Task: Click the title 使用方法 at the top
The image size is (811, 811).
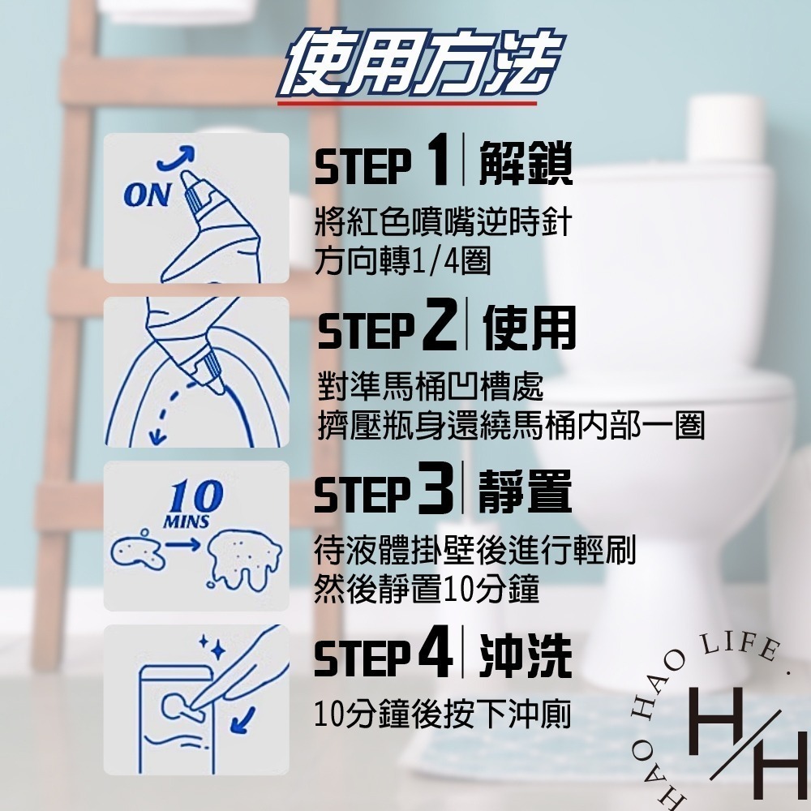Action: click(x=420, y=62)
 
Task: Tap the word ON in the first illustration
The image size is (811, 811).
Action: click(x=148, y=195)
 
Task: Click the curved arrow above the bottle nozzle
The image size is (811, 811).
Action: click(x=176, y=158)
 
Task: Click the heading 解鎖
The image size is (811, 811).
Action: click(x=526, y=163)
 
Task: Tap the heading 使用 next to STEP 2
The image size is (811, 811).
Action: click(x=529, y=328)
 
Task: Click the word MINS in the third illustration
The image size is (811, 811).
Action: click(x=187, y=521)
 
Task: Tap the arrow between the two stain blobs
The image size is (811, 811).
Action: click(x=182, y=544)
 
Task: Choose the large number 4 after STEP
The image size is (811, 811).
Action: click(x=436, y=652)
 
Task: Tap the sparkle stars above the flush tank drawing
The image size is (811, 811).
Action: click(x=212, y=647)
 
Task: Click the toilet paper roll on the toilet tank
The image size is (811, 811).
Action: click(x=725, y=129)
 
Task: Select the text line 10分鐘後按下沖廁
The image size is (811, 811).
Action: click(x=443, y=714)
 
